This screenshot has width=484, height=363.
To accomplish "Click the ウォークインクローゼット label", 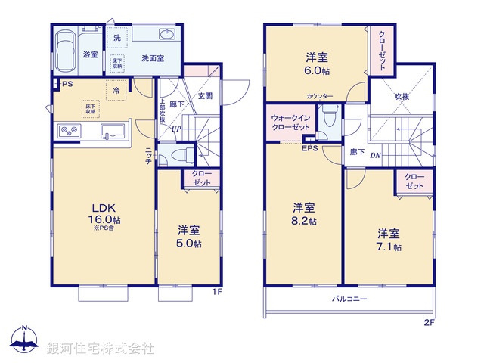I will point(290,123).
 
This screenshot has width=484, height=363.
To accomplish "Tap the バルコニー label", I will point(349,299).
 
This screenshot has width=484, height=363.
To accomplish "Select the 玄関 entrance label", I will point(205,96).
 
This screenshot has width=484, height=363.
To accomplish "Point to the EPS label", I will point(311,148).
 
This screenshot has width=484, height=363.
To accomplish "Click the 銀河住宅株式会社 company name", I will point(101,348).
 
